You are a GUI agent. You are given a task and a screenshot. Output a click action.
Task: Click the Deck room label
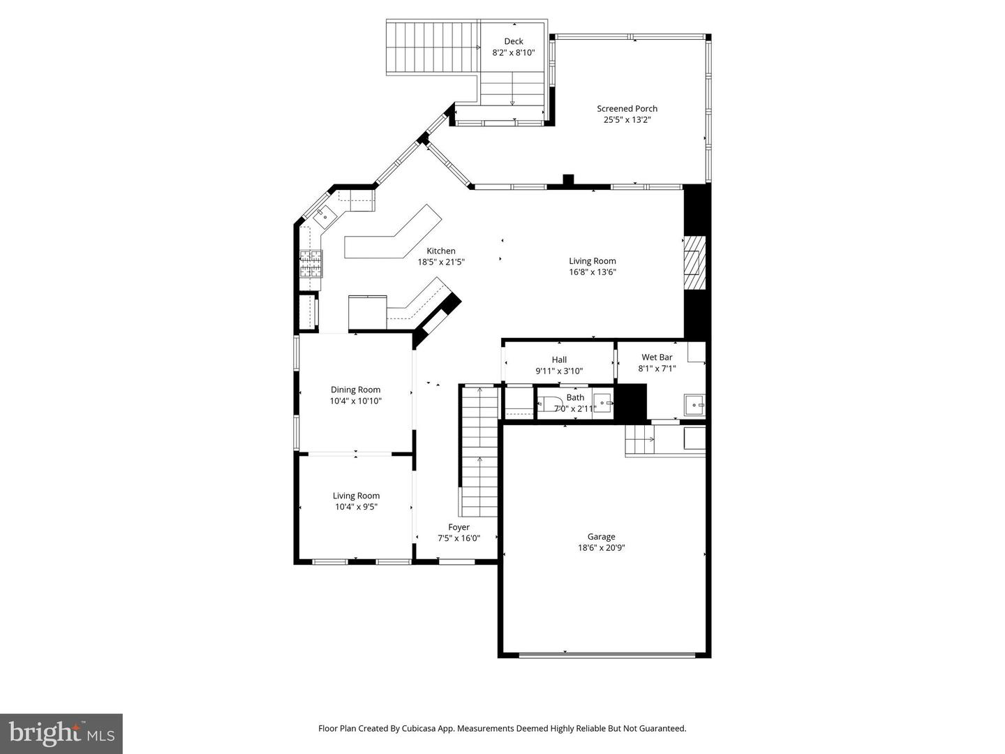pyautogui.click(x=514, y=41)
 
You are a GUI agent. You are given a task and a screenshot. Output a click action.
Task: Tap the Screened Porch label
pyautogui.click(x=627, y=108)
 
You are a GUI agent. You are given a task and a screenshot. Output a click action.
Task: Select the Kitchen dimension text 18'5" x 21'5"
pyautogui.click(x=441, y=263)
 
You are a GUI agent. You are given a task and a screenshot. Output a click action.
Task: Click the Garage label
pyautogui.click(x=601, y=536)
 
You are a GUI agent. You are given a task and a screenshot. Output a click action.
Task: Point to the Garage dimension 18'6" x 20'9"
pyautogui.click(x=601, y=548)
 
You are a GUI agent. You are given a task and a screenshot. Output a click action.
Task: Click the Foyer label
pyautogui.click(x=459, y=527)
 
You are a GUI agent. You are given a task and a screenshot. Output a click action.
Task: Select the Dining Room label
pyautogui.click(x=355, y=390)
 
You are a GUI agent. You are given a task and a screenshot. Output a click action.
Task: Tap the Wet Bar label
pyautogui.click(x=657, y=357)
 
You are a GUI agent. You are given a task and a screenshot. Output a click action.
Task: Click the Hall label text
pyautogui.click(x=559, y=360)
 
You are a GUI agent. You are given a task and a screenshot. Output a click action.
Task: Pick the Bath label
pyautogui.click(x=575, y=397)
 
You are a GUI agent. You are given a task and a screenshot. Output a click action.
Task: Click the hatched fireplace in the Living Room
pyautogui.click(x=694, y=263)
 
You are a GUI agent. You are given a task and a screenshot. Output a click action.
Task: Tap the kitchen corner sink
pyautogui.click(x=325, y=216)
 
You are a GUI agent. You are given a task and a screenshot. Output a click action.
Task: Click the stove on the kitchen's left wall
pyautogui.click(x=311, y=264)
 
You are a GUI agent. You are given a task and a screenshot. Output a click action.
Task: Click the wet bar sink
pyautogui.click(x=693, y=405)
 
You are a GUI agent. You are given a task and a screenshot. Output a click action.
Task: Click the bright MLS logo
pyautogui.click(x=61, y=733)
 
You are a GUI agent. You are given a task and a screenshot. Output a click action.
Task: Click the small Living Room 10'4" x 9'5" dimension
pyautogui.click(x=356, y=508)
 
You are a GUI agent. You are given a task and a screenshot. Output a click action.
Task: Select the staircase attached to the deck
pyautogui.click(x=433, y=47)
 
